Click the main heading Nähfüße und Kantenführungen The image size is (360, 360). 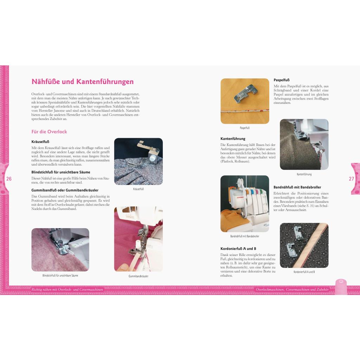point(82,82)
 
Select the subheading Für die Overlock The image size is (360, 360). point(49,132)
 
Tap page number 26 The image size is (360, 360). point(9,179)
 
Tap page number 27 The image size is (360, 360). point(351,179)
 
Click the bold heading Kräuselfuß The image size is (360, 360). point(40,142)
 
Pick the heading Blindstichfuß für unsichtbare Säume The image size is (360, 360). point(60,172)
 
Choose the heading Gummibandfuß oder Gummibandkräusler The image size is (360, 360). point(65,190)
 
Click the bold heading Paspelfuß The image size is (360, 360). point(282,80)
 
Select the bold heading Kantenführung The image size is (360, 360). point(233,139)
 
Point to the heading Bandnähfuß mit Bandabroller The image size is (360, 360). point(297,187)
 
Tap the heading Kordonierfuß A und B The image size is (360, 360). point(238,249)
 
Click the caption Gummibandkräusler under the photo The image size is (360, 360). point(138,276)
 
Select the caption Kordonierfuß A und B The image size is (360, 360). point(304,272)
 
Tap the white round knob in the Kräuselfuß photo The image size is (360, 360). point(152,158)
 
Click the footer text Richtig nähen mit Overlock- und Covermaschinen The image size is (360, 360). point(67,290)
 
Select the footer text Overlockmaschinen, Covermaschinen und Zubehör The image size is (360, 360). point(292,290)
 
